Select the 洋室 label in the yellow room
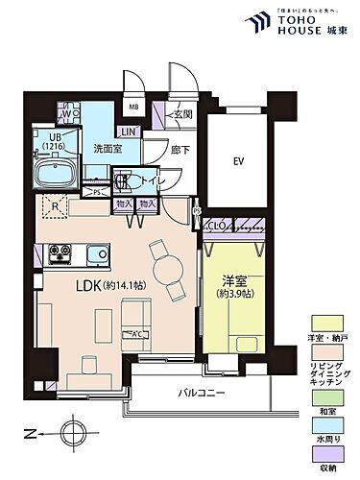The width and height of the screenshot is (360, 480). tap(234, 282)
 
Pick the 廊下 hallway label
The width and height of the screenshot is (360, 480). tap(180, 150)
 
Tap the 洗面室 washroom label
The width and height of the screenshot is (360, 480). tap(107, 149)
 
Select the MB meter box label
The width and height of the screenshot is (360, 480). tap(134, 107)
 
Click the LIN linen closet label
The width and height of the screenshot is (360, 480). tap(128, 132)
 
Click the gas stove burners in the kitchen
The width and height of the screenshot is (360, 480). tap(60, 254)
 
